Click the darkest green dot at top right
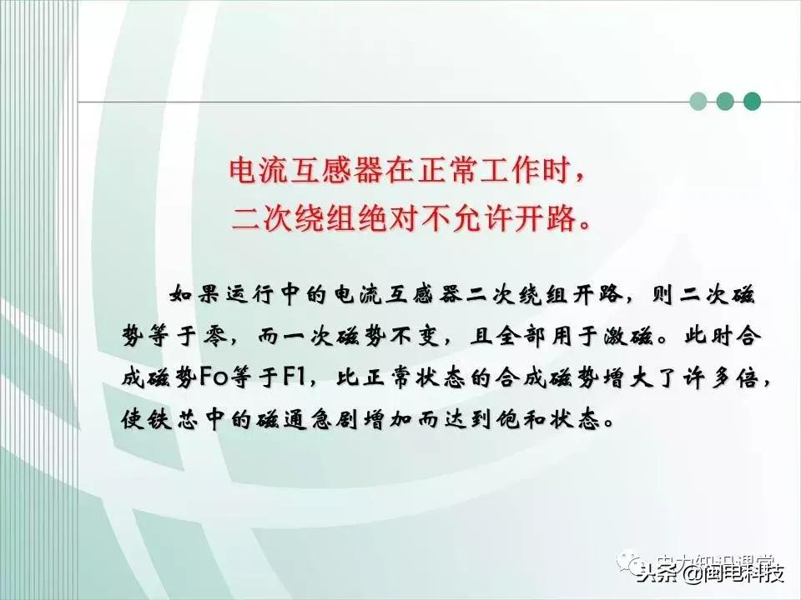[x=752, y=102]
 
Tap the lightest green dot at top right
[x=698, y=102]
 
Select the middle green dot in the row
[x=725, y=102]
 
